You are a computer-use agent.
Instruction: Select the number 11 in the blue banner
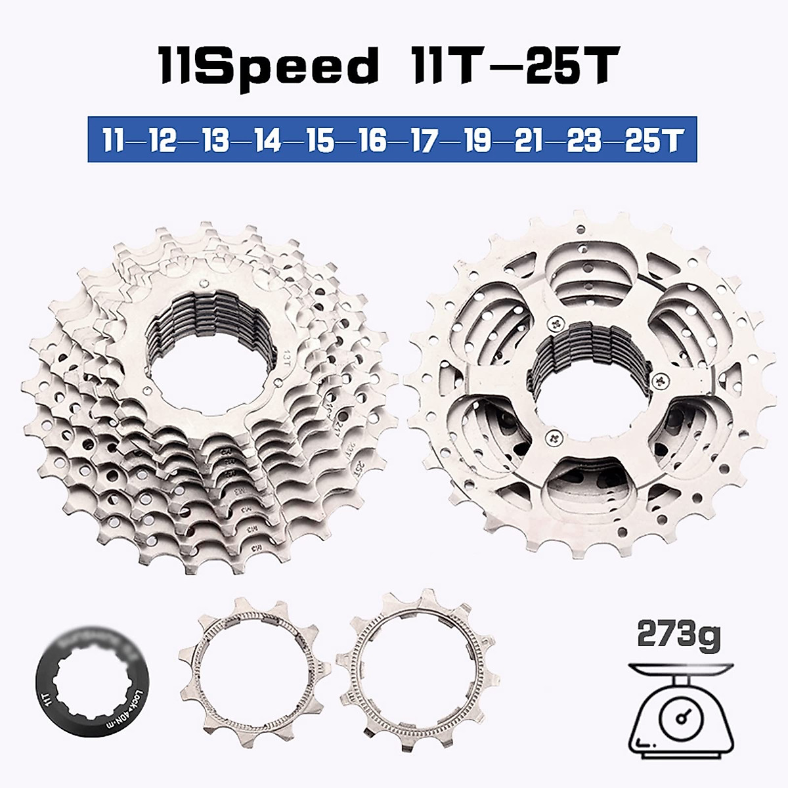point(116,141)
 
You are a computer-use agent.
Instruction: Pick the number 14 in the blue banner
point(269,141)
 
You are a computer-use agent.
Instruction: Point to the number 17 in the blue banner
point(424,141)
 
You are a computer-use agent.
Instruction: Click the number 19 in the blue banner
point(476,141)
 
